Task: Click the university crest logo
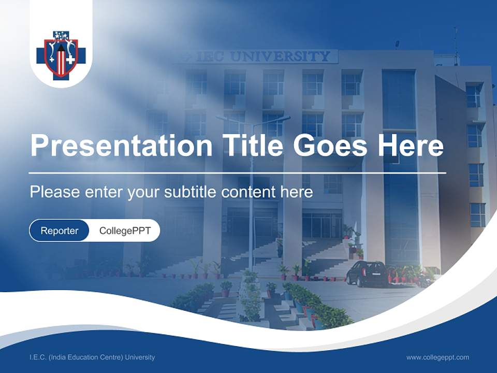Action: (x=61, y=55)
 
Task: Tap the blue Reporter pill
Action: (x=60, y=231)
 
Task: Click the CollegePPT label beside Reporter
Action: (x=125, y=231)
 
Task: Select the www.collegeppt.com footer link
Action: (x=437, y=357)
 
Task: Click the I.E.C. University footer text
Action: (x=92, y=357)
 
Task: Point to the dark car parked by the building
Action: (x=367, y=274)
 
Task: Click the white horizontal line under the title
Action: (x=238, y=173)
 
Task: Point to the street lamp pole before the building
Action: (x=252, y=207)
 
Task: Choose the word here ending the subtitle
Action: (x=297, y=192)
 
